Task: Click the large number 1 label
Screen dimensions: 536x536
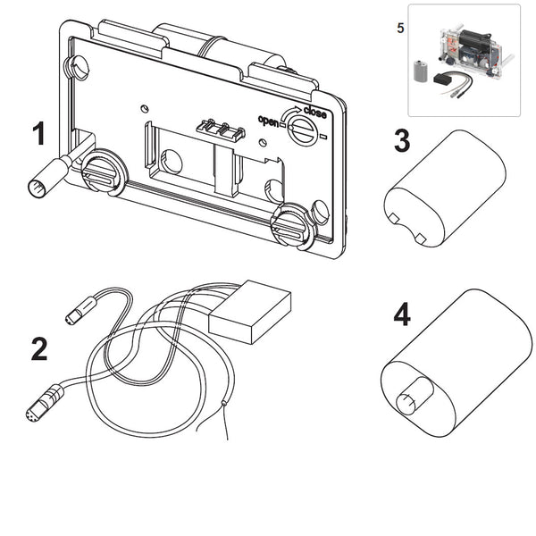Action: point(38,134)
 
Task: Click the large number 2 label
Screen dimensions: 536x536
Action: point(38,349)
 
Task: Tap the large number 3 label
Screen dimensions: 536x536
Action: point(402,140)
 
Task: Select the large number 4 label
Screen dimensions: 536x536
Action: point(402,315)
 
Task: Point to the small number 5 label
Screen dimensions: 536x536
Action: point(399,26)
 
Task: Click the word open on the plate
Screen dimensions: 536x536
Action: point(269,121)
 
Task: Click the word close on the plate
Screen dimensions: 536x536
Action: point(314,112)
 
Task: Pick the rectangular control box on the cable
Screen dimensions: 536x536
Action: point(250,309)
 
